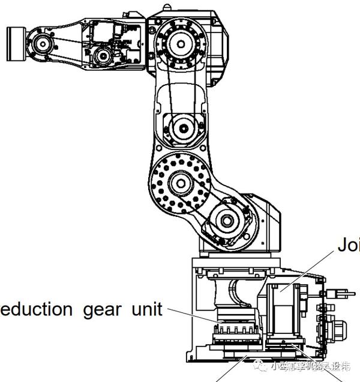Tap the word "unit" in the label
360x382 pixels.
[x=147, y=309]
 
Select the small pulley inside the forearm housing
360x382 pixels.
[x=103, y=56]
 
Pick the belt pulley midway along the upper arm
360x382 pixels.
[x=181, y=127]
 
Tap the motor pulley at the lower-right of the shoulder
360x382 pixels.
[x=227, y=220]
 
